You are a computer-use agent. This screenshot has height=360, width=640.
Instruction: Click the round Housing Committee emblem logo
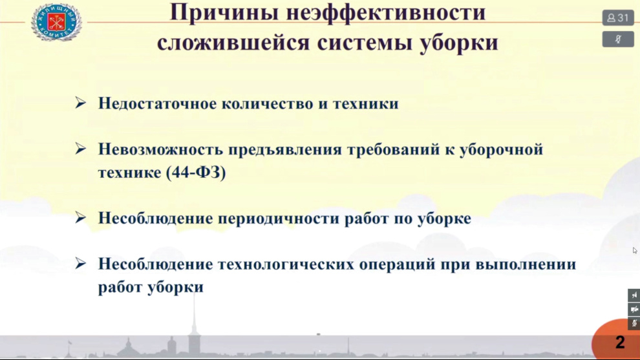tap(56, 22)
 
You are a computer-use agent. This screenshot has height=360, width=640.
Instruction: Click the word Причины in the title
tap(224, 13)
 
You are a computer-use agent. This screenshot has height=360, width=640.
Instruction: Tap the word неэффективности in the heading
tap(386, 12)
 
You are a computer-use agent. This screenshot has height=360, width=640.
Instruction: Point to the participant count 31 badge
tap(618, 18)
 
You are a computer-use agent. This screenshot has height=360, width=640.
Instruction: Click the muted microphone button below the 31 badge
tap(618, 39)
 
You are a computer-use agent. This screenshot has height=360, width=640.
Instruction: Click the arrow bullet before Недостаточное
tap(80, 103)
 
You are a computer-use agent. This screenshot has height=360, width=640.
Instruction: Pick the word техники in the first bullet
tap(366, 103)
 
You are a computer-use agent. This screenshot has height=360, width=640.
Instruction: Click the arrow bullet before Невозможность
tap(80, 149)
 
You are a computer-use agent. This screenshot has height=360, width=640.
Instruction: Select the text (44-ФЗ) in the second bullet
tap(196, 173)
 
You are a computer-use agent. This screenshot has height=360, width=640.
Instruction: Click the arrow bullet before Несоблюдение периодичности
tap(80, 218)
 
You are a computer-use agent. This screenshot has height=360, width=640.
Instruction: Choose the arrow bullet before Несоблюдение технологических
tap(80, 263)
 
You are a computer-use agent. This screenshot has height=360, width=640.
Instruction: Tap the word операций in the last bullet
tap(396, 264)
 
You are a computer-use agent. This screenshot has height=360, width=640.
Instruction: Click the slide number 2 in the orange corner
tap(620, 342)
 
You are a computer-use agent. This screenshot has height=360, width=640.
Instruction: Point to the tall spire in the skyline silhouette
tap(195, 323)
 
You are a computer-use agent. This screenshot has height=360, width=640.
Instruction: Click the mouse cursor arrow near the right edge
tap(635, 250)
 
